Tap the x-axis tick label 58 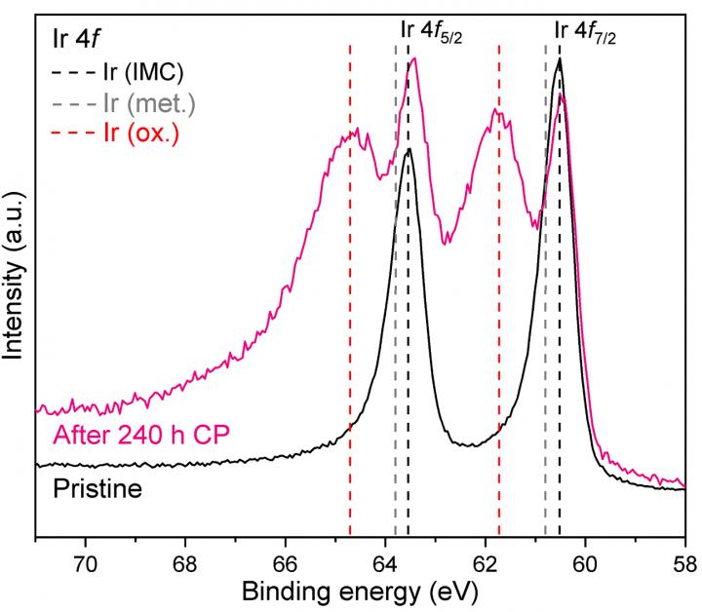coord(684,562)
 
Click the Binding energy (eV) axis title coord(360,592)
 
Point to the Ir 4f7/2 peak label coord(588,31)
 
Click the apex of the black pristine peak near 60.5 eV coord(559,59)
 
